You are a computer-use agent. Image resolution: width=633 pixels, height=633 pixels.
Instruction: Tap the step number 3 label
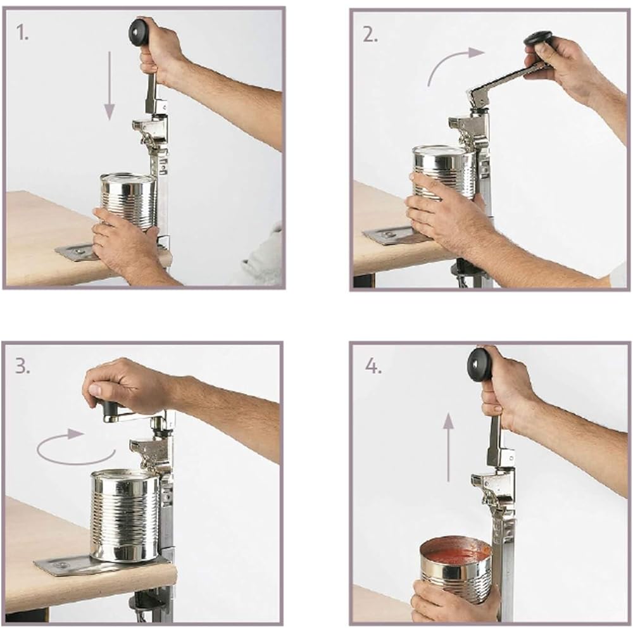tap(22, 367)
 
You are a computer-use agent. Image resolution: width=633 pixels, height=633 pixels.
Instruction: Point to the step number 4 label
tap(373, 367)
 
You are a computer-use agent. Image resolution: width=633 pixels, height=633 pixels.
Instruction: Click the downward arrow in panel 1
tap(110, 85)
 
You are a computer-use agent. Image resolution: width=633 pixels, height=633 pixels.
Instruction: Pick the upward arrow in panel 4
tap(448, 446)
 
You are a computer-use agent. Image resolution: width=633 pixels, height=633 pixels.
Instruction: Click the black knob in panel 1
tap(139, 31)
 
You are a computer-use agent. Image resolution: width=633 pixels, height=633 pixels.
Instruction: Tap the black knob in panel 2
tap(538, 38)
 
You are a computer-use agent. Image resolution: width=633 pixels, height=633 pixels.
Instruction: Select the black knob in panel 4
tap(480, 364)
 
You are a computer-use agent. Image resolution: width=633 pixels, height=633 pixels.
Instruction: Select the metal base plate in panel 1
tap(76, 253)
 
